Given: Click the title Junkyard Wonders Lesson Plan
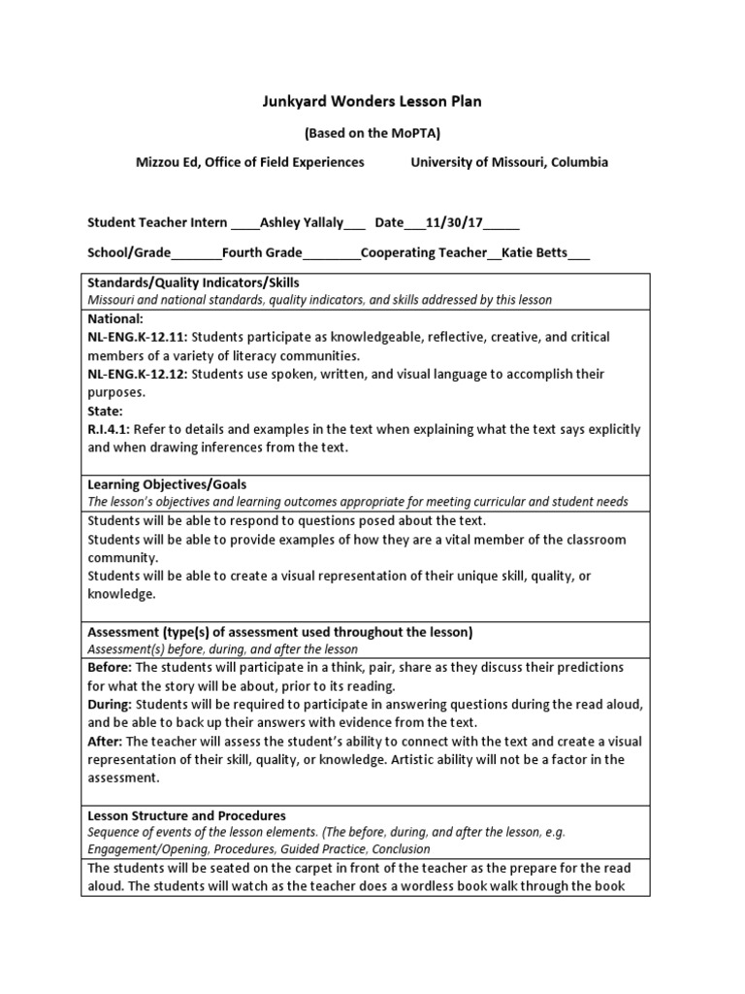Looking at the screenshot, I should [372, 101].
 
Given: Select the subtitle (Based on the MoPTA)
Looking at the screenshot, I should [372, 133].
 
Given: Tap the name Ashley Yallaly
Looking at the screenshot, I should [302, 222].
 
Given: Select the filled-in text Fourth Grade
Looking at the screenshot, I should [262, 253].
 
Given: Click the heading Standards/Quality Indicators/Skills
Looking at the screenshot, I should [194, 282].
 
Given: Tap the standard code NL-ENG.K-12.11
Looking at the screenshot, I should [137, 337].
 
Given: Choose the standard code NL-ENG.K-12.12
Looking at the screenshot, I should [137, 374].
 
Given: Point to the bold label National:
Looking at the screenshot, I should [115, 318].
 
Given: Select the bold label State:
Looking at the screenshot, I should [105, 411].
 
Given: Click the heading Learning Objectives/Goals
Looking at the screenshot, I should [168, 484].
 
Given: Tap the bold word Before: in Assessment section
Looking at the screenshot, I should [110, 669].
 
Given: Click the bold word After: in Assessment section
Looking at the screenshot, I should [105, 742].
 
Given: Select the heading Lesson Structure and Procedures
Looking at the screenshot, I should [187, 815].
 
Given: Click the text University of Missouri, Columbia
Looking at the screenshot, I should [509, 162].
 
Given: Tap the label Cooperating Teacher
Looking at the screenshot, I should [424, 253].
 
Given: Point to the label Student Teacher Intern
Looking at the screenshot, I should [158, 222].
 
